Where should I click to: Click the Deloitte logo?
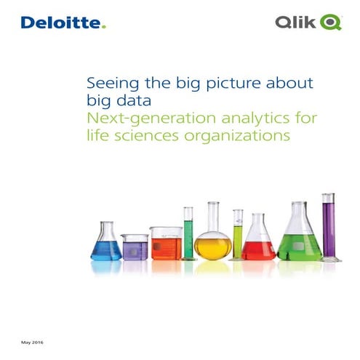click(63, 23)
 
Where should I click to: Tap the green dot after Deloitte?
click(103, 28)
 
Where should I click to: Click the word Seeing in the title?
click(108, 83)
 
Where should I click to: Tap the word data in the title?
click(135, 99)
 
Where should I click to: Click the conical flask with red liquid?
click(259, 244)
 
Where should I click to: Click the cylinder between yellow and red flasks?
click(237, 234)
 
